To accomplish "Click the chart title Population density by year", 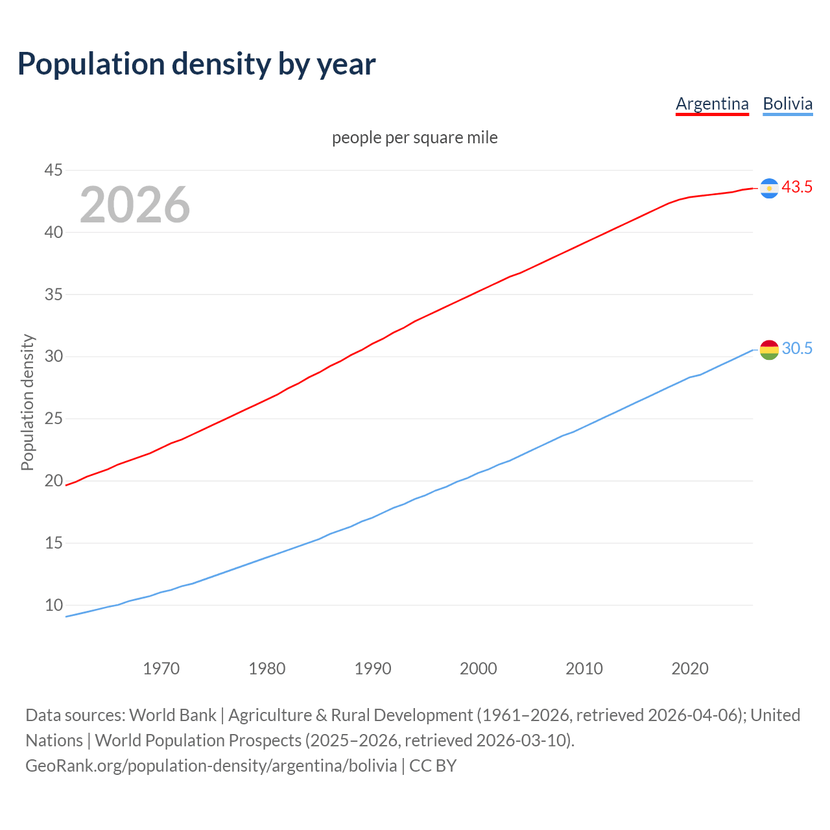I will [x=196, y=64].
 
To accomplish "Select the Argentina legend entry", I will [x=712, y=104].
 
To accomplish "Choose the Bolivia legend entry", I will [x=787, y=104].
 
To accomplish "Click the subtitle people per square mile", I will [x=415, y=137].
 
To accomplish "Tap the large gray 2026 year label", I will [x=135, y=205].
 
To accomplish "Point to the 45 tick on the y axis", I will [x=53, y=171].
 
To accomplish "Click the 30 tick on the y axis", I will [x=53, y=357].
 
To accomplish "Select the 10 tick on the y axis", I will [x=53, y=605].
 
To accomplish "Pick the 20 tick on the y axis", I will [x=53, y=481].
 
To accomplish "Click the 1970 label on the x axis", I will [x=161, y=669].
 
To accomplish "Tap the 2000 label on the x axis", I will [x=479, y=669].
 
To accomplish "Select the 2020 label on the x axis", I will [x=690, y=669].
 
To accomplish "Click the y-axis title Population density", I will [x=27, y=402].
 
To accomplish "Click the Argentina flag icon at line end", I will [x=769, y=188].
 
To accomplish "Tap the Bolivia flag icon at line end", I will [x=769, y=350].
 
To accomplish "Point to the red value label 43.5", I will [x=797, y=187].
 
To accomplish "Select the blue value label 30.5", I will [x=797, y=349].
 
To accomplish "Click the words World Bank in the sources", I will [x=172, y=715].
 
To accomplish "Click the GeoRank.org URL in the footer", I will [x=211, y=766].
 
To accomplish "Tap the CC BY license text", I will [x=433, y=766].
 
